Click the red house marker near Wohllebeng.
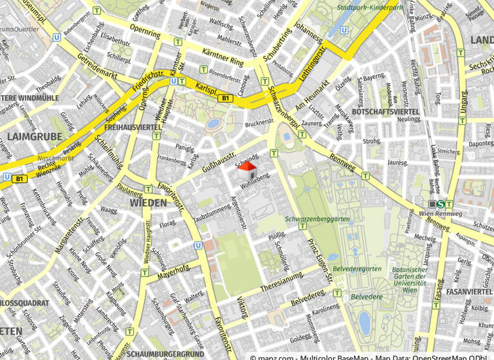point(247,170)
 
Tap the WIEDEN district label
point(149,203)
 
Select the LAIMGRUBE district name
point(35,136)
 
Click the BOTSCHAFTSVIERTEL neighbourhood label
point(386,112)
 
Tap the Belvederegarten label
point(358,269)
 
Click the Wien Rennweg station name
point(440,213)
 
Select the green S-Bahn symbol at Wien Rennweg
point(440,204)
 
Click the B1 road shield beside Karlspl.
point(224,98)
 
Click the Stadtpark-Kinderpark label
point(372,8)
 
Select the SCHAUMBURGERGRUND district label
point(166,354)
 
